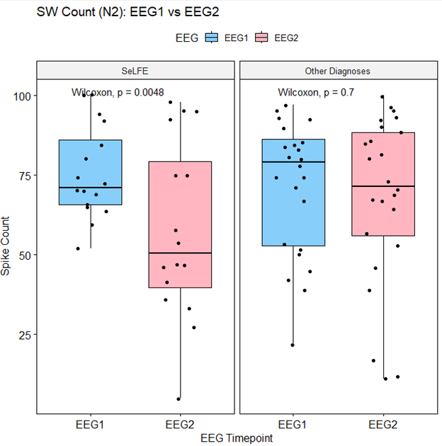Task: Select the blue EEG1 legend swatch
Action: tap(212, 38)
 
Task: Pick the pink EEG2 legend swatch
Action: tap(261, 38)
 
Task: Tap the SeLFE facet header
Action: tap(135, 71)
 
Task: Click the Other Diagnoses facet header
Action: tap(337, 71)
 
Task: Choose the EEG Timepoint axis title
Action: tap(236, 438)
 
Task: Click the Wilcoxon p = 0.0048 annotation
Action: tap(118, 92)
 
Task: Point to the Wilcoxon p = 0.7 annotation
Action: tap(316, 92)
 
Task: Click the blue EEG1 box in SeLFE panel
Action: tap(90, 172)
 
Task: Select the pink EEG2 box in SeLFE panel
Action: tap(180, 224)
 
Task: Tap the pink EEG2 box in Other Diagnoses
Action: tap(382, 184)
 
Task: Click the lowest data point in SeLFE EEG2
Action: tap(178, 399)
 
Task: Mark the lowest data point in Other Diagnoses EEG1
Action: tap(293, 345)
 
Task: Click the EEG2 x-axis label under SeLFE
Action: tap(180, 424)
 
